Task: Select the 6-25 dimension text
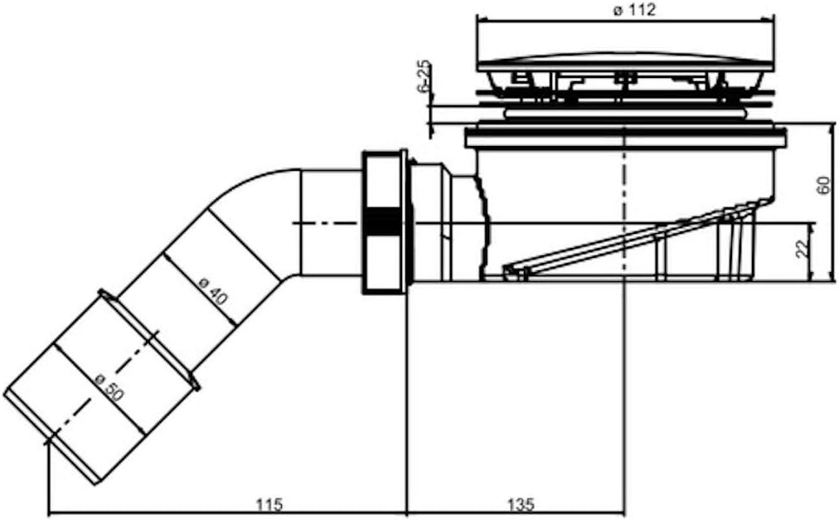coord(424,77)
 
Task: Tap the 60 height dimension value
coord(822,185)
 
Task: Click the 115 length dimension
coord(269,503)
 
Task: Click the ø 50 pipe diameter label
coord(109,387)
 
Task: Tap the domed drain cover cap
coord(625,62)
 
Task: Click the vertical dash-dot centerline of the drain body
coord(623,191)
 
